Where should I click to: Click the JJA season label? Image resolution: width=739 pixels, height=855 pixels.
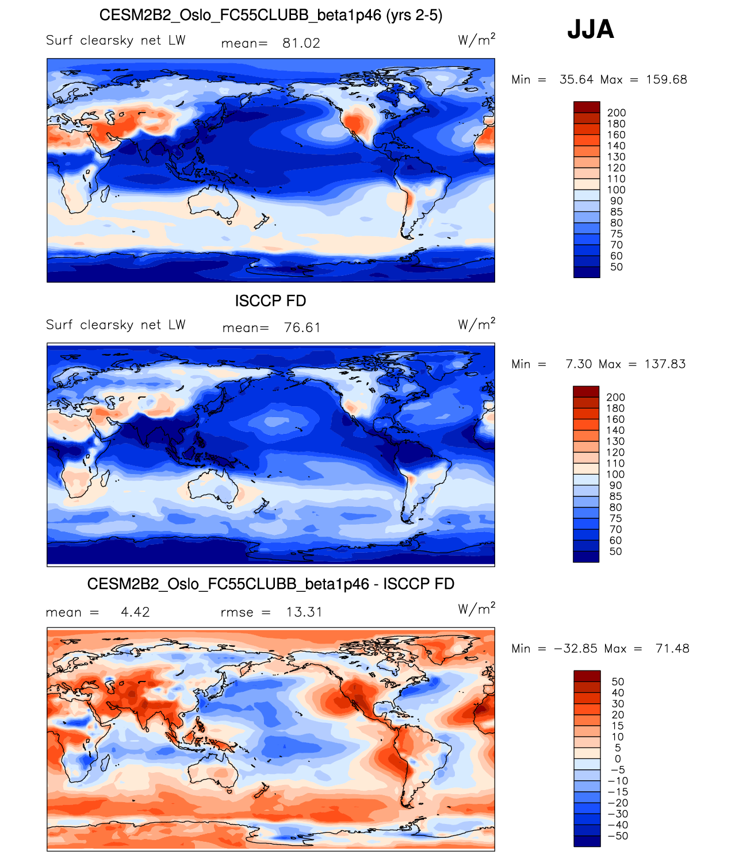[x=591, y=29]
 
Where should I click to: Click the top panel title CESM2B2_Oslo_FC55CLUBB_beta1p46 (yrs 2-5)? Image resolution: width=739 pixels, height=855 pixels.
[x=270, y=15]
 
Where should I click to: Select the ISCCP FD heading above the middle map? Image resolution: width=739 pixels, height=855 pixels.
[x=270, y=301]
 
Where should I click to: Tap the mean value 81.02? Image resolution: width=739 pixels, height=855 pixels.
[x=301, y=43]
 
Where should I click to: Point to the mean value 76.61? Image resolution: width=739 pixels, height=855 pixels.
[x=302, y=328]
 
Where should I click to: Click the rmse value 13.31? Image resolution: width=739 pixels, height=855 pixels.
[x=304, y=612]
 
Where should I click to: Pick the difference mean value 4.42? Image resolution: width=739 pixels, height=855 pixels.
[x=135, y=612]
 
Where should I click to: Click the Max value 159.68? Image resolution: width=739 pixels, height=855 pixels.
[x=666, y=79]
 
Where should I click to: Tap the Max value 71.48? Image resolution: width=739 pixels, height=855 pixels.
[x=672, y=648]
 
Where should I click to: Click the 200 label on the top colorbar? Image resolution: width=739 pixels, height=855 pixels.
[x=617, y=113]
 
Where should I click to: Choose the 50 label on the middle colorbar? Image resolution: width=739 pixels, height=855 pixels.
[x=615, y=551]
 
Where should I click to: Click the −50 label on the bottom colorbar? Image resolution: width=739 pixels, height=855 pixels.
[x=618, y=835]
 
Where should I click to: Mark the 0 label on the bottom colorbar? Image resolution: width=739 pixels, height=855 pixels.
[x=618, y=758]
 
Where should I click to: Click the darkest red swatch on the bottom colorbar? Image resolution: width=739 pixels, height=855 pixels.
[x=587, y=676]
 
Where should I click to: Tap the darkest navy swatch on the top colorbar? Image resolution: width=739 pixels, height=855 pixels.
[x=587, y=272]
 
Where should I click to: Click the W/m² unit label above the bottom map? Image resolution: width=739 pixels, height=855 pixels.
[x=476, y=608]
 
